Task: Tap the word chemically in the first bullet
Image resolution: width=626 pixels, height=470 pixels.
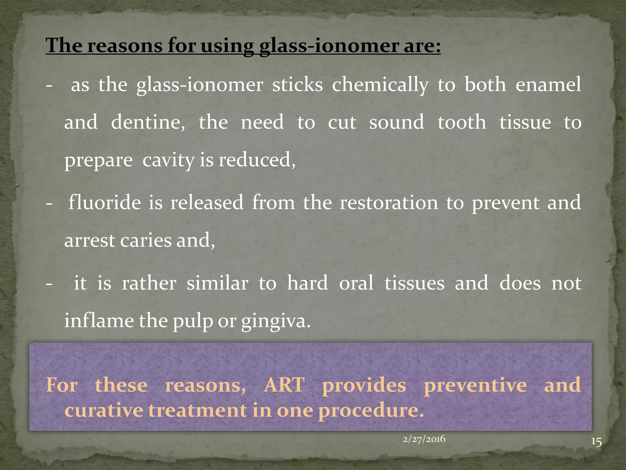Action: pos(380,85)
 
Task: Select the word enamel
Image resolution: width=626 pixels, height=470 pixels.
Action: pos(548,85)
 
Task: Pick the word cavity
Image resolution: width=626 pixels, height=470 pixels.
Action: pos(168,160)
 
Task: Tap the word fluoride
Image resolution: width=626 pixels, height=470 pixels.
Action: pos(105,203)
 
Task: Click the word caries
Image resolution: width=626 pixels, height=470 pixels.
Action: pos(146,241)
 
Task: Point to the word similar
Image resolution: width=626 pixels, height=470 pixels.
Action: pos(217,283)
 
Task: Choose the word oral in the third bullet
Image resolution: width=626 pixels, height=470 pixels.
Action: pos(356,283)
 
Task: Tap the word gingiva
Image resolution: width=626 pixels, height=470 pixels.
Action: pos(276,321)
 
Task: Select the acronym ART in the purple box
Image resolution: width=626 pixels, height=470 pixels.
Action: pos(284,385)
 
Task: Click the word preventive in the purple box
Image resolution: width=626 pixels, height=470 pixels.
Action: pos(475,385)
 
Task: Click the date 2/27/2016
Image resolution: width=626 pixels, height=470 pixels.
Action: pos(424,439)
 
